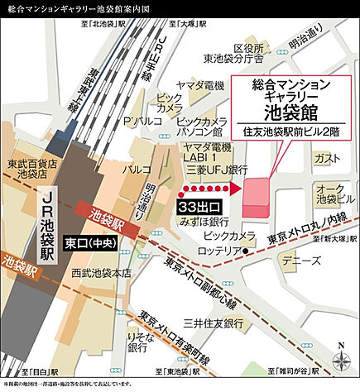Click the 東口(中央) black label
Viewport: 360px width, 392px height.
point(89,244)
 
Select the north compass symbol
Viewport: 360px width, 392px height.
point(339,358)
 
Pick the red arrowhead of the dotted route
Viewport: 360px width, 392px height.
point(235,189)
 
